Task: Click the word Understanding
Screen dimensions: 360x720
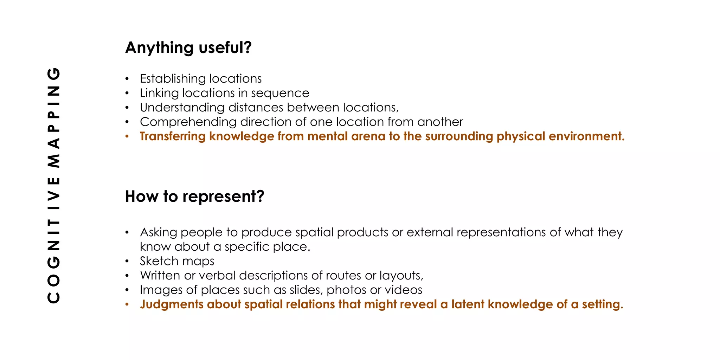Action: [x=182, y=108]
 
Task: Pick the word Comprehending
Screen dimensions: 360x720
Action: [x=188, y=122]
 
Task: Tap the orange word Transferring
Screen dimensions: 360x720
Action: [x=173, y=136]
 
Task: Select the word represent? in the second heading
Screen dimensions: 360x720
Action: [x=223, y=197]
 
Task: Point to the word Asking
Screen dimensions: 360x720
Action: [x=158, y=232]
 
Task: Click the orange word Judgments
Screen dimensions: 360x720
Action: [x=172, y=304]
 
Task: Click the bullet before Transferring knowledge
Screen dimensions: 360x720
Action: [x=127, y=136]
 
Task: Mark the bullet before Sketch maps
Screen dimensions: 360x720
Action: [x=127, y=261]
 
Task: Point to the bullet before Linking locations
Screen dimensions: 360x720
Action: [x=127, y=93]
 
